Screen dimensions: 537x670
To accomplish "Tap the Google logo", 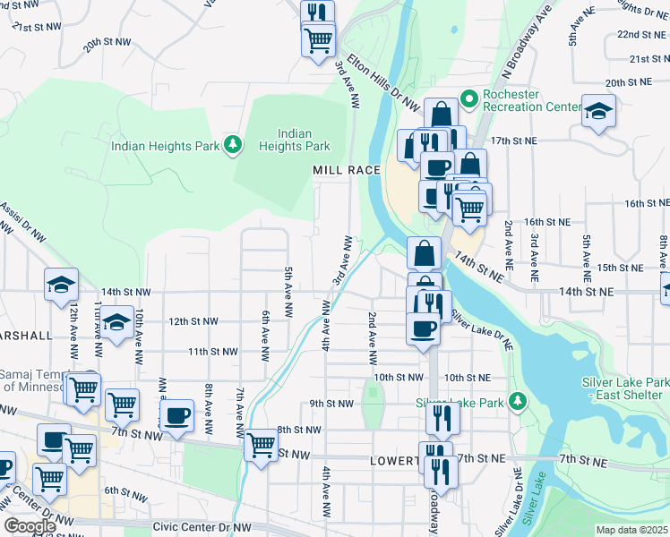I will [x=30, y=526].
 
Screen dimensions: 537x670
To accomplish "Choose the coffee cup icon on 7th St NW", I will [x=177, y=415].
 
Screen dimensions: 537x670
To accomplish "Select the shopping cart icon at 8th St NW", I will [x=262, y=443].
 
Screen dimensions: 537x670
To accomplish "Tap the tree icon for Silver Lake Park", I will [x=517, y=399].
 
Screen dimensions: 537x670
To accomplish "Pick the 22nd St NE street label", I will [x=640, y=34].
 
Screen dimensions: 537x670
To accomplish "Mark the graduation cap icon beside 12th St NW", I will [x=116, y=323].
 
